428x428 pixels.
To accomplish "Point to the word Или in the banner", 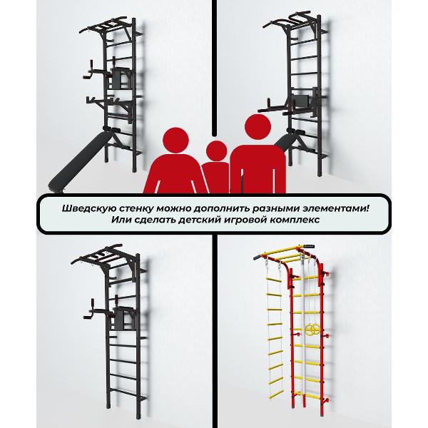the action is click(x=120, y=220).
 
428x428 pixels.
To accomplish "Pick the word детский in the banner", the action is click(x=199, y=220).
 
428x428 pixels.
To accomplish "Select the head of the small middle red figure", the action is click(x=216, y=151).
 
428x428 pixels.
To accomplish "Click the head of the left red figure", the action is click(x=175, y=141).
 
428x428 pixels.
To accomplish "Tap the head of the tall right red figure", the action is click(x=258, y=127).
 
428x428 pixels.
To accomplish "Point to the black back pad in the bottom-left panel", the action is click(x=123, y=318).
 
